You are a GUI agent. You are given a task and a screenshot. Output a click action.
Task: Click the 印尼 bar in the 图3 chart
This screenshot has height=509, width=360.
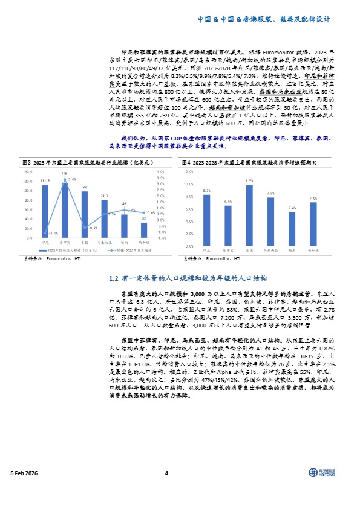coord(45,211)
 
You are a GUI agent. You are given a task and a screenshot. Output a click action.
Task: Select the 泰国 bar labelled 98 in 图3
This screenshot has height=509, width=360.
coord(85,214)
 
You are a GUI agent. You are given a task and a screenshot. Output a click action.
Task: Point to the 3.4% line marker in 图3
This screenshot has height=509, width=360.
coord(65,183)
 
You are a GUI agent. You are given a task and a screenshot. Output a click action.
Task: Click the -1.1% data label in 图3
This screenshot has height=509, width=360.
coord(53,233)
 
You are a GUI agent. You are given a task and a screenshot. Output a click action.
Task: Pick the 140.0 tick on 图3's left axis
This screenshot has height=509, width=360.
coord(28,172)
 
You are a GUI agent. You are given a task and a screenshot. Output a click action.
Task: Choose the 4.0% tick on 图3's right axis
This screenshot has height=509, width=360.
coord(160,172)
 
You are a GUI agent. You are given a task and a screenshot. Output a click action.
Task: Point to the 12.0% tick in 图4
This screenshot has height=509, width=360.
coord(189,172)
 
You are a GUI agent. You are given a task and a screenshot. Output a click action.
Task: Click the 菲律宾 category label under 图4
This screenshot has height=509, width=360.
coord(227,249)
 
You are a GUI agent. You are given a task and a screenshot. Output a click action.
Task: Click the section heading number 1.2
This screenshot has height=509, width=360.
coord(112,278)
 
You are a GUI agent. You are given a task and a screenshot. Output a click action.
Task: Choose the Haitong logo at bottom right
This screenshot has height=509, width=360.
coord(321,473)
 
